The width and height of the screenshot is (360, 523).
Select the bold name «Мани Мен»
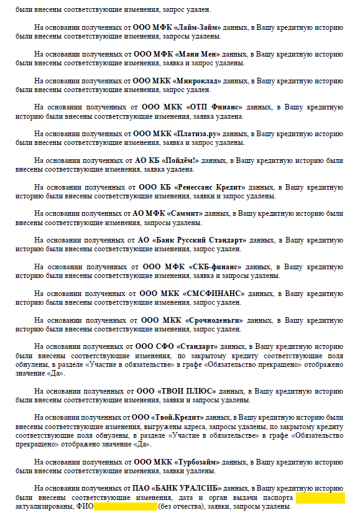click(198, 54)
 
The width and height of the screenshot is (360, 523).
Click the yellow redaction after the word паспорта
click(320, 498)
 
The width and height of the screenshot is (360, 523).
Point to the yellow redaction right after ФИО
click(126, 507)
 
